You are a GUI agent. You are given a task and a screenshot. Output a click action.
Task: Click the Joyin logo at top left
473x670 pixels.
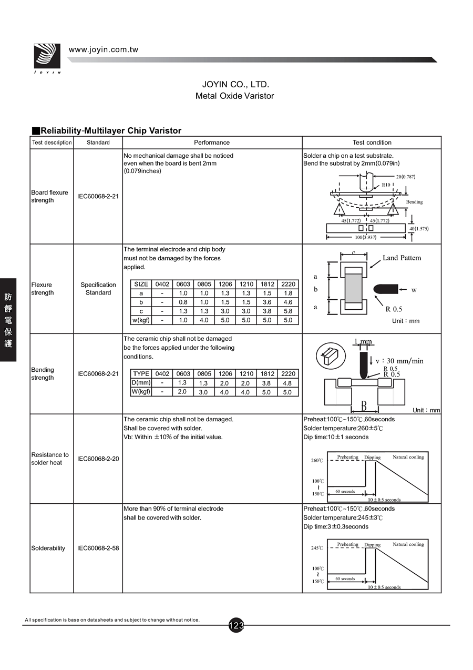[x=47, y=57]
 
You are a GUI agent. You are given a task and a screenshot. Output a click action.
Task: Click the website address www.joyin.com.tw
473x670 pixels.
[x=104, y=50]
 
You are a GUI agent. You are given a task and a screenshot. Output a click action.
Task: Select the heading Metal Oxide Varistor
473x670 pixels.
[x=234, y=96]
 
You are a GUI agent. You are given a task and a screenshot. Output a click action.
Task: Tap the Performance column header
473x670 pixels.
[x=212, y=143]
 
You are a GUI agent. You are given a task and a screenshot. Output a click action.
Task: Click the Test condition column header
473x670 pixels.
[x=372, y=143]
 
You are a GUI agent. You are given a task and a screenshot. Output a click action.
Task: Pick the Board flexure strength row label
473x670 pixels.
[x=49, y=196]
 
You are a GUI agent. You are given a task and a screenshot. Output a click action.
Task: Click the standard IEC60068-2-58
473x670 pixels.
[x=98, y=548]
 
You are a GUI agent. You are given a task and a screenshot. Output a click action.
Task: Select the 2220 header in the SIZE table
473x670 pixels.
[x=289, y=284]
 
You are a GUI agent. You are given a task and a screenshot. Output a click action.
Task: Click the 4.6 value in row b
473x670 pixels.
[x=288, y=302]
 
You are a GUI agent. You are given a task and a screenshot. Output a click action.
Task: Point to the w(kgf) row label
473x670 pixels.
[x=141, y=320]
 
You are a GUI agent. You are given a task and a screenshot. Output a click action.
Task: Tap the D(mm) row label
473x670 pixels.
[x=141, y=383]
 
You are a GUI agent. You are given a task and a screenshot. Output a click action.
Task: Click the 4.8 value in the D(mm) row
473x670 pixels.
[x=287, y=383]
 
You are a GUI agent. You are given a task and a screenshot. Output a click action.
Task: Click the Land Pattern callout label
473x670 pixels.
[x=402, y=258]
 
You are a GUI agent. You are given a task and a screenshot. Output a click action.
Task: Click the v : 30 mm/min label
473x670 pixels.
[x=399, y=361]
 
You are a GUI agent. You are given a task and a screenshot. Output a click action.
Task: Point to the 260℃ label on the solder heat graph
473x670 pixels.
[x=317, y=461]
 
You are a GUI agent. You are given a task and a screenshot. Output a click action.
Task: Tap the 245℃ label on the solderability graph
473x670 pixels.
[x=317, y=548]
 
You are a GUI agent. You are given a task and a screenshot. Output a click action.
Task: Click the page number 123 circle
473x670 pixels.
[x=236, y=625]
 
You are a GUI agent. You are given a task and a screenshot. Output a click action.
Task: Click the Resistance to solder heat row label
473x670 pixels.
[x=50, y=459]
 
